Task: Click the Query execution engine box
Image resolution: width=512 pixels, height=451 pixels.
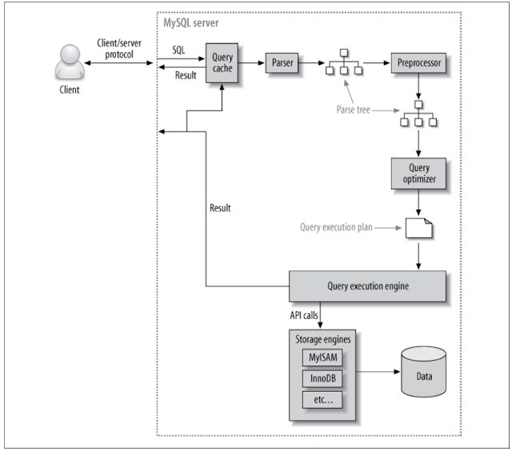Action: click(366, 285)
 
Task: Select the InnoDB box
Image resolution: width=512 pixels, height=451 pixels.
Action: click(323, 377)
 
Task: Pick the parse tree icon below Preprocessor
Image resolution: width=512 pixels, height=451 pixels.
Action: click(417, 114)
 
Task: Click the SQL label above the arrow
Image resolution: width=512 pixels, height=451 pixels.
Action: click(180, 50)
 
